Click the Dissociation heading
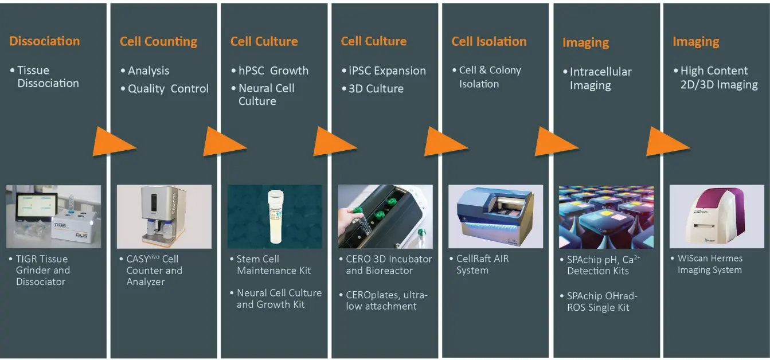[45, 41]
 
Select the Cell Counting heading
[158, 42]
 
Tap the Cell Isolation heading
[489, 42]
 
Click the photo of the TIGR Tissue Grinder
[54, 217]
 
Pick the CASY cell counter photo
[165, 217]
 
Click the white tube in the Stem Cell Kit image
[276, 217]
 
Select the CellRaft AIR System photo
[496, 217]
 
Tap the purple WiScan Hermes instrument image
[717, 217]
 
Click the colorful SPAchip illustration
[607, 217]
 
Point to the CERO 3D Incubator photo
[385, 217]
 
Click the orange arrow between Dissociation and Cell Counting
[115, 142]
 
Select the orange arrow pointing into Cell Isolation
[446, 142]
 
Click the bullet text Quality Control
[168, 89]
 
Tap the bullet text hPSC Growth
[273, 71]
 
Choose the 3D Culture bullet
[376, 89]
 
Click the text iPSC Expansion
[387, 71]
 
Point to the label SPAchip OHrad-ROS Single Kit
[602, 302]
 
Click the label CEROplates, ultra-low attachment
[386, 300]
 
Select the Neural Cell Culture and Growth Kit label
[279, 299]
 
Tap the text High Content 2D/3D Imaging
[719, 78]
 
